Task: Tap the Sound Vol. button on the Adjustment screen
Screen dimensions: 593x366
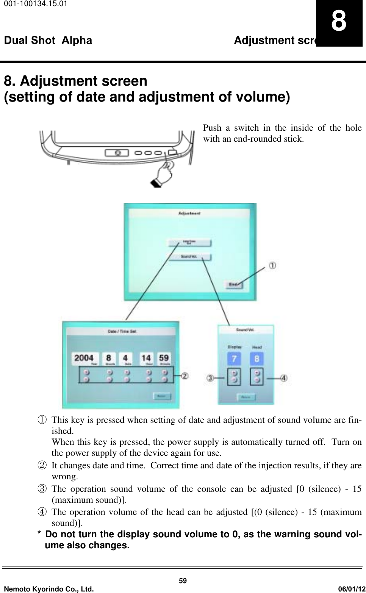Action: pyautogui.click(x=190, y=257)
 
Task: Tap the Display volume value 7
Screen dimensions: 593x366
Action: pyautogui.click(x=234, y=358)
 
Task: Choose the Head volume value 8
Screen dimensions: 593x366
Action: pyautogui.click(x=257, y=358)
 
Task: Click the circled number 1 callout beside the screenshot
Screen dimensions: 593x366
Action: pyautogui.click(x=272, y=266)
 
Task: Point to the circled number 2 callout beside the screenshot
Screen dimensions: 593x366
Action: pyautogui.click(x=185, y=376)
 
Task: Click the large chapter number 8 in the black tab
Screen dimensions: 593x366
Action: pyautogui.click(x=339, y=22)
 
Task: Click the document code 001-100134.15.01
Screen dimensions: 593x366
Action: pyautogui.click(x=30, y=5)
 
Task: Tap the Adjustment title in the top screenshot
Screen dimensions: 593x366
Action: pyautogui.click(x=189, y=213)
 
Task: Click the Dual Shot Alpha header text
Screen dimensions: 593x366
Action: pyautogui.click(x=48, y=40)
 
